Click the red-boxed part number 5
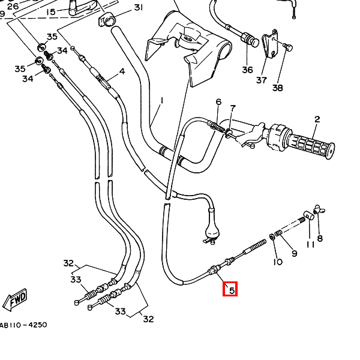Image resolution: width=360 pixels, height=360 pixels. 230,289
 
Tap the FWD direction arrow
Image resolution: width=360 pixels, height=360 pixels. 16,299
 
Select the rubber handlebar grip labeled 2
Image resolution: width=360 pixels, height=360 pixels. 310,145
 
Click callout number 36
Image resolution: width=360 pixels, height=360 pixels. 247,70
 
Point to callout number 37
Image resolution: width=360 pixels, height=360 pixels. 262,80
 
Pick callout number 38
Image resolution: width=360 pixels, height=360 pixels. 278,88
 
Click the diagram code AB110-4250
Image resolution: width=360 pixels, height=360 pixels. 23,325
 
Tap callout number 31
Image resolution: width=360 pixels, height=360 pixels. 138,8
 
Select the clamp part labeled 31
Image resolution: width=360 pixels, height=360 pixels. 107,20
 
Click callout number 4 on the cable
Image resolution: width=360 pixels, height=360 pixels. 122,71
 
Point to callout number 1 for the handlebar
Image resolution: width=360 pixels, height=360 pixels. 162,101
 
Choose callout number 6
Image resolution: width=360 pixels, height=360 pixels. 218,102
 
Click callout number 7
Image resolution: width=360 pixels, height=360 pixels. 233,108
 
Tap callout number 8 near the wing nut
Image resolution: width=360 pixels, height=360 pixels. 320,238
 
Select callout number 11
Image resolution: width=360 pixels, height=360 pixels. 310,245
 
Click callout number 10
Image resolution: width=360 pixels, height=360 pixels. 278,262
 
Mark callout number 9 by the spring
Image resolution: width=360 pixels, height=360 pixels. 295,253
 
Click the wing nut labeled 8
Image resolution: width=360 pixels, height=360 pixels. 319,209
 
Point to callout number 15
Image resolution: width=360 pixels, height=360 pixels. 51,12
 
